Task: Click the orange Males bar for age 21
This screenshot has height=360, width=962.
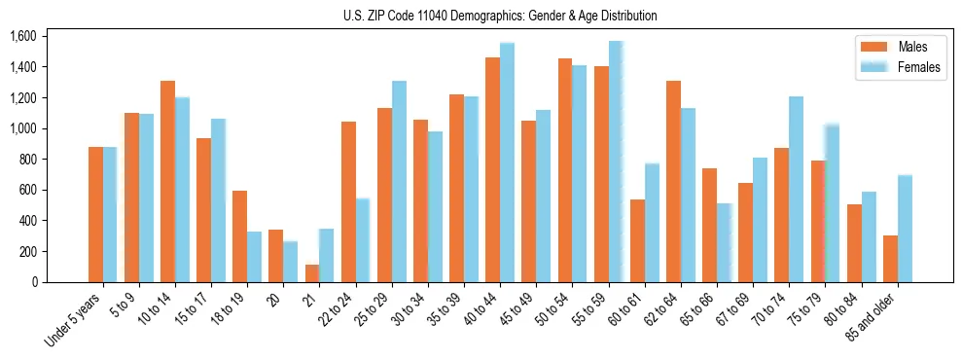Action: (x=312, y=273)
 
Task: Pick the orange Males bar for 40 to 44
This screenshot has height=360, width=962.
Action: (x=493, y=170)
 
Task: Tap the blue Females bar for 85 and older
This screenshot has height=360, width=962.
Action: (x=905, y=229)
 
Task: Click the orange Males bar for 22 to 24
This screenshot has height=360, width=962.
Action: (x=348, y=202)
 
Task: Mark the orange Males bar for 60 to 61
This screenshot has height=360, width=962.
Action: (x=637, y=241)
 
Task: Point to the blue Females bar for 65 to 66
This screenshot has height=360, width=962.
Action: (x=724, y=243)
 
